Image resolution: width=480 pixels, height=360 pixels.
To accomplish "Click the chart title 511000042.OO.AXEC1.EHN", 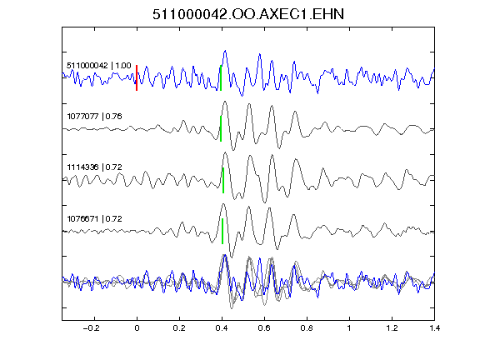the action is click(x=248, y=14).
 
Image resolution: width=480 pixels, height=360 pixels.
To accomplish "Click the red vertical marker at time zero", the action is click(x=137, y=77).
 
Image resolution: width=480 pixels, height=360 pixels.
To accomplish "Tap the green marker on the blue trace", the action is click(x=221, y=77).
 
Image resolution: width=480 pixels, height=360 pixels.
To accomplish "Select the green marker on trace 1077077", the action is click(x=221, y=128).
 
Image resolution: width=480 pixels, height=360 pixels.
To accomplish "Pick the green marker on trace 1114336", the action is click(x=223, y=180).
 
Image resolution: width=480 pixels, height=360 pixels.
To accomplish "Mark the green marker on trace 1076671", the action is click(x=222, y=231).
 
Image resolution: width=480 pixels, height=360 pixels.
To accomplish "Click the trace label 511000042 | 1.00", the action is click(x=99, y=66).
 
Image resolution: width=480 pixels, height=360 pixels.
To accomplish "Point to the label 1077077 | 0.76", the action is click(x=95, y=117).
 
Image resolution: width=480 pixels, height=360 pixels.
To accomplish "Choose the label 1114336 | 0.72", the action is click(x=95, y=167).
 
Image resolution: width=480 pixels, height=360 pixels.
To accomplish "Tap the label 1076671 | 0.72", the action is click(x=95, y=219).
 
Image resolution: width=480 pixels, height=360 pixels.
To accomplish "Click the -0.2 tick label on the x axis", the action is click(x=92, y=328).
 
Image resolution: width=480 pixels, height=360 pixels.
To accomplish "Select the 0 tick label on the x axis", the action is click(x=137, y=328).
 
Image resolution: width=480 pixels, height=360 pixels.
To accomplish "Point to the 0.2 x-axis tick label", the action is click(x=179, y=328).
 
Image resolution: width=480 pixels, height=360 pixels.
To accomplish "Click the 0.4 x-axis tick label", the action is click(x=222, y=328).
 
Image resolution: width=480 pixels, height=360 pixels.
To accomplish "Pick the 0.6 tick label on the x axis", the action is click(x=264, y=328).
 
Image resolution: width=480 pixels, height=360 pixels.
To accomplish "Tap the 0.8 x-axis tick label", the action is click(x=307, y=328).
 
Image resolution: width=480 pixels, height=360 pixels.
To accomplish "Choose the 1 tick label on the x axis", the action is click(x=349, y=328).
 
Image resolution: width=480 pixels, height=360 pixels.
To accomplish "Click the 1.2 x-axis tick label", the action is click(x=392, y=328).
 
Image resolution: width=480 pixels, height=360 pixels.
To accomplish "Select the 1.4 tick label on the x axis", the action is click(x=434, y=328).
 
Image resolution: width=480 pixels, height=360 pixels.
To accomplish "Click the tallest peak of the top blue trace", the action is click(x=225, y=51).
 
